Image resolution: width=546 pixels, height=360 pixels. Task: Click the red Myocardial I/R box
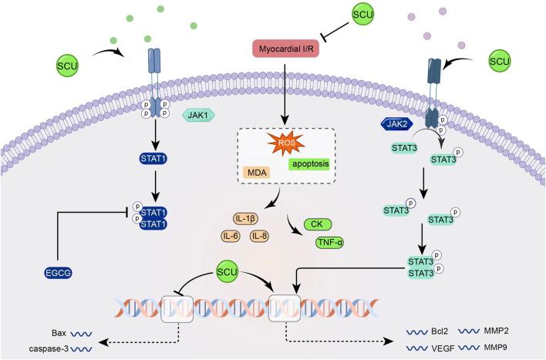[x=285, y=49]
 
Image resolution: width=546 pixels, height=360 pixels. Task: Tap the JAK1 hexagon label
[x=198, y=115]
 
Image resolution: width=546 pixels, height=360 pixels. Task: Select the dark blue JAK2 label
[x=397, y=124]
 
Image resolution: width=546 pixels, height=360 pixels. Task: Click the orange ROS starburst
[x=286, y=143]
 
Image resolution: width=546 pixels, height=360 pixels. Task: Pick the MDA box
[x=257, y=173]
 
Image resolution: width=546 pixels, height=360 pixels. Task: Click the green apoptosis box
[x=310, y=163]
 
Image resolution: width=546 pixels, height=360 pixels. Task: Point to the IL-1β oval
[x=245, y=219]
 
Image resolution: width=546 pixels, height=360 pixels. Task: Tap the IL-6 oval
[x=231, y=237]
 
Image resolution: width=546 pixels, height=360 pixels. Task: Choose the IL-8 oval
[x=259, y=237]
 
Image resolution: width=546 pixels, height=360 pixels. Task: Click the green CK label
[x=318, y=224]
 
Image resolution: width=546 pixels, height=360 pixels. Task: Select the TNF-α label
[x=330, y=243]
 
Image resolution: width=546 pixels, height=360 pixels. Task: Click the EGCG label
[x=58, y=273]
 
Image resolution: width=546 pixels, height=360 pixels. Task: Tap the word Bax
[x=59, y=333]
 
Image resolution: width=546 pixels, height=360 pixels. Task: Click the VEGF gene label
[x=443, y=348]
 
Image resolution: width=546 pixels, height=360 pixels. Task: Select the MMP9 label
[x=496, y=347]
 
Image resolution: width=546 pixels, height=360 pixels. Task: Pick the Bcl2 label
[x=440, y=331]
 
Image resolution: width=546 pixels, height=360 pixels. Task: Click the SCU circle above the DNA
[x=227, y=271]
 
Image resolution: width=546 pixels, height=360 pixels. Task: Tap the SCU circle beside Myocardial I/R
[x=362, y=15]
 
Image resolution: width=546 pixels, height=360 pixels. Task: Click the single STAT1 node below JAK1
[x=153, y=159]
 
